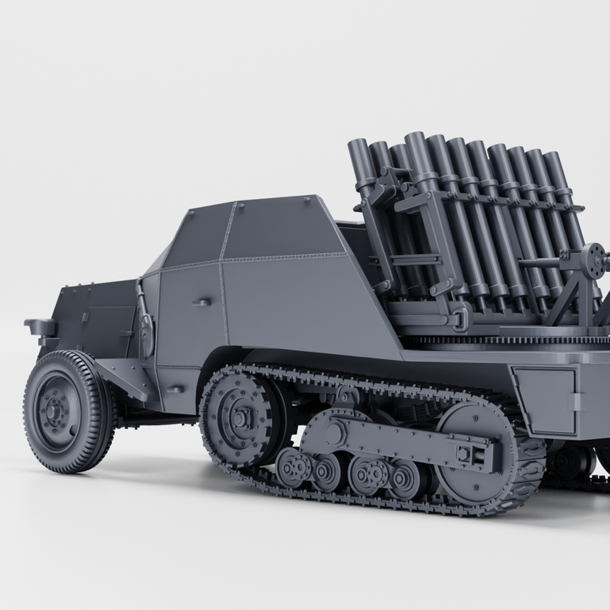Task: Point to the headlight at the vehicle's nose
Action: (41, 327)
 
